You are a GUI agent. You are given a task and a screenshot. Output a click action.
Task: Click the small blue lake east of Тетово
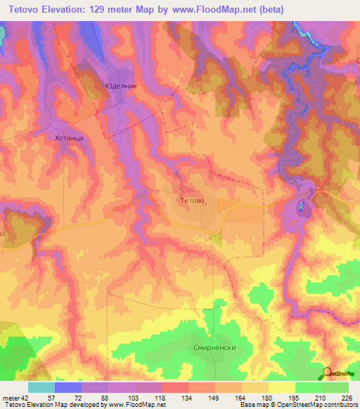[302, 207]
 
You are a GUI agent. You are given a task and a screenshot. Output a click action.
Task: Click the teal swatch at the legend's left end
[41, 387]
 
